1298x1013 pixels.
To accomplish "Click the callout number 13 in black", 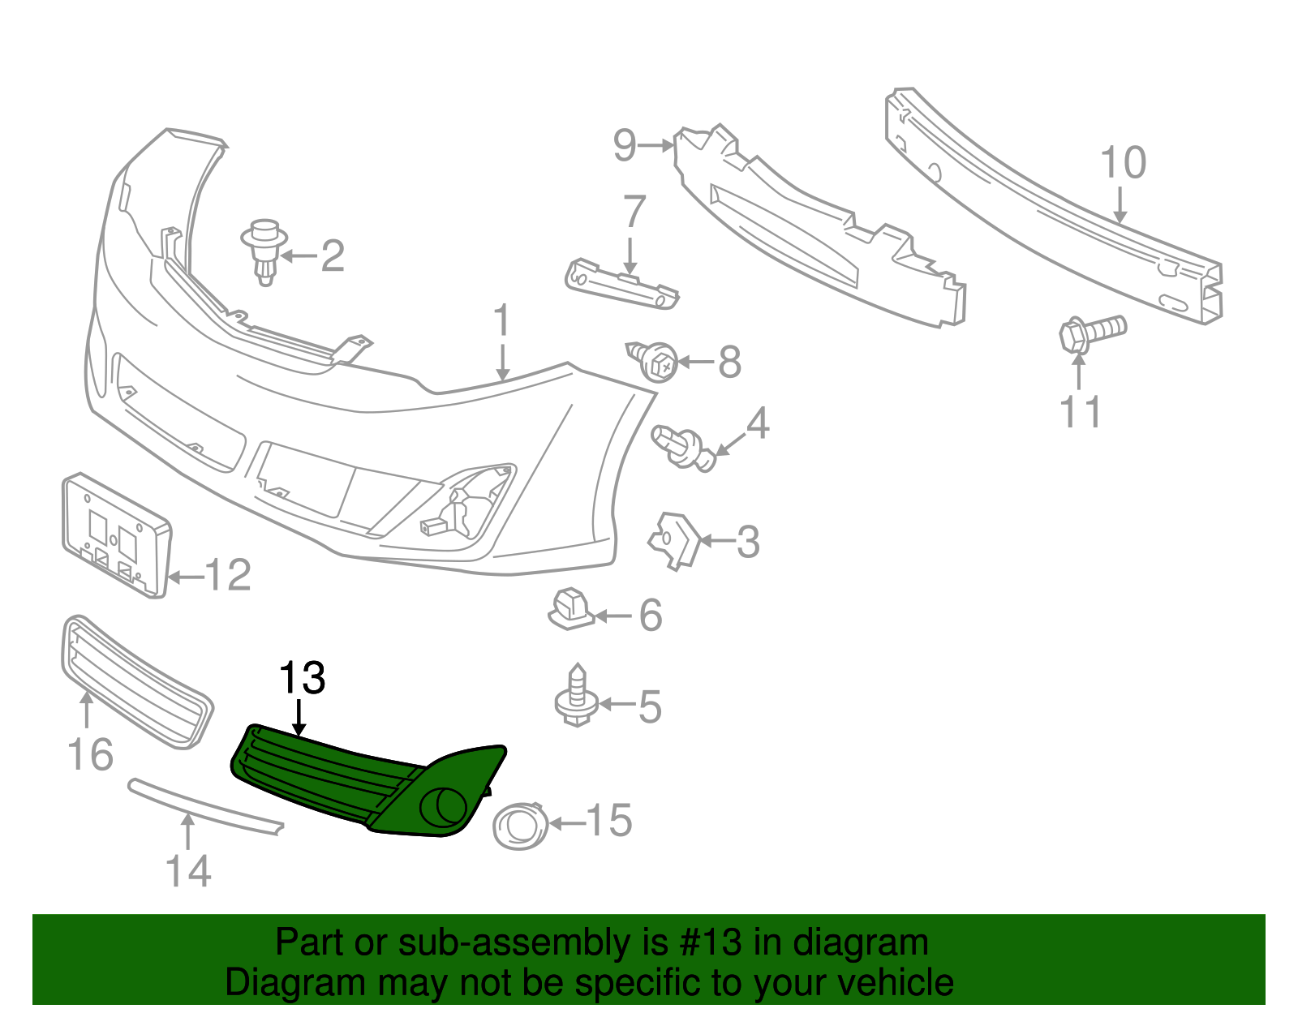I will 302,678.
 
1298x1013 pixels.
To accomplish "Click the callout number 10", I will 1123,163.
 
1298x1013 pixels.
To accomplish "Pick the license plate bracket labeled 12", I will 115,535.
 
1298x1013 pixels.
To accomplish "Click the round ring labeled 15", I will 520,826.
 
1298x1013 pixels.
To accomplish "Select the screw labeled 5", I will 577,698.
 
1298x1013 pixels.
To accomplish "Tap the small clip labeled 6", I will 571,610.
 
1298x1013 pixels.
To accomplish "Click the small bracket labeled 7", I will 621,285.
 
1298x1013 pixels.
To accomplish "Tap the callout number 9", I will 625,146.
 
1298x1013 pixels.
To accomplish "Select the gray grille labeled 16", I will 136,681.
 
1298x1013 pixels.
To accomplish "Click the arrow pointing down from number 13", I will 300,718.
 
